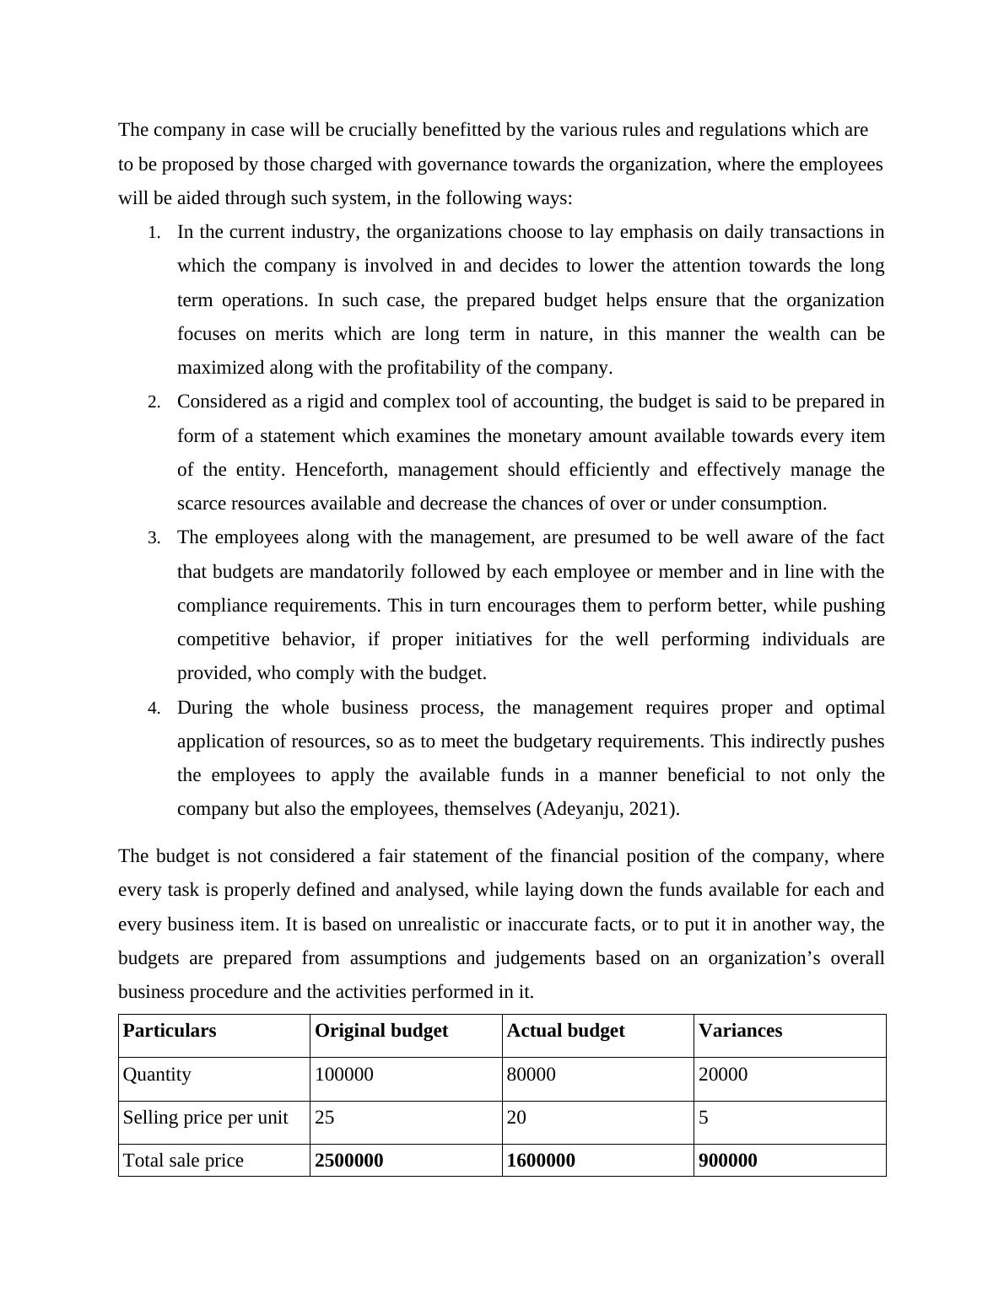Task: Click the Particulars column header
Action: click(x=170, y=1031)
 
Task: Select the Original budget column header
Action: click(x=381, y=1031)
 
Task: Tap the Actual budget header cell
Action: click(x=565, y=1031)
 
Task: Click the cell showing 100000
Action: click(x=343, y=1075)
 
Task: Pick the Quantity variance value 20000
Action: click(x=723, y=1075)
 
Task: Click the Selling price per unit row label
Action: click(x=205, y=1118)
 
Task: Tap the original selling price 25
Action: click(x=324, y=1118)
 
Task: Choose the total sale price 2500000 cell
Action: click(x=348, y=1161)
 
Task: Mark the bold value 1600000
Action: click(x=541, y=1161)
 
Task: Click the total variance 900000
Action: click(x=728, y=1161)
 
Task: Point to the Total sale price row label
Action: click(x=183, y=1161)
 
